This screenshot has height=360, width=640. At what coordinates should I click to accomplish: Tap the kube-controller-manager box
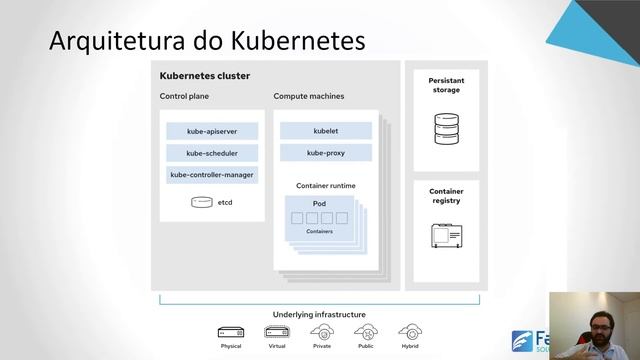tap(212, 175)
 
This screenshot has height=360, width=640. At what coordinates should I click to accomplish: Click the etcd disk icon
tap(202, 202)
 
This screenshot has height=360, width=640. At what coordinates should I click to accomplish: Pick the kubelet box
tap(326, 131)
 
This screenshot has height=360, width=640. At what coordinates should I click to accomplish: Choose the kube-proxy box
tap(326, 153)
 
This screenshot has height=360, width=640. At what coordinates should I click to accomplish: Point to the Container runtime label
tap(326, 186)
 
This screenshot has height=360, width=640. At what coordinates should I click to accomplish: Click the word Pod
tap(320, 204)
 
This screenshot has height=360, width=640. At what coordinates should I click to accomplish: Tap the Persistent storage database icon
tap(446, 129)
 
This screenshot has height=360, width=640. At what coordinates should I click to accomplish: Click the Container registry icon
tap(446, 237)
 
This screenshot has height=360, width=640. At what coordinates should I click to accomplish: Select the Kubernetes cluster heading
tap(205, 76)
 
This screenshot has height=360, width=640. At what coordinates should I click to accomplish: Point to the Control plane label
tap(185, 97)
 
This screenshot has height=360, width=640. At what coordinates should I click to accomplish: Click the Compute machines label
tap(309, 97)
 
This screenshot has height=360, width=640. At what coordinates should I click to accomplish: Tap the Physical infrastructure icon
tap(231, 332)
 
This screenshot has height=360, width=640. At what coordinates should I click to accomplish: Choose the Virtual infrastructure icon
tap(276, 332)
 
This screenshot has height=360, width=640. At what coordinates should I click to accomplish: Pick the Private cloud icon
tap(322, 332)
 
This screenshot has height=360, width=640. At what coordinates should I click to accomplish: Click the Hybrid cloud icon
tap(410, 332)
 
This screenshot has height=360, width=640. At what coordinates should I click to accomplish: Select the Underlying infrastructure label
tap(319, 314)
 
